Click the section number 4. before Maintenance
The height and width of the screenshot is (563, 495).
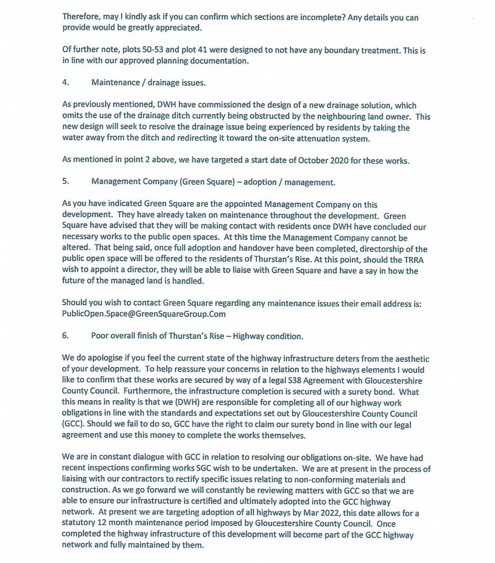(65, 83)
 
